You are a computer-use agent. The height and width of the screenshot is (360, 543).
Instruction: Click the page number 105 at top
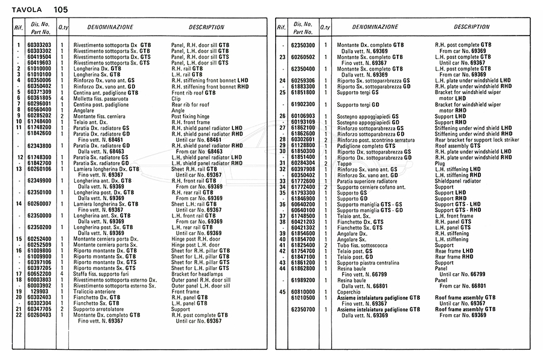(x=60, y=10)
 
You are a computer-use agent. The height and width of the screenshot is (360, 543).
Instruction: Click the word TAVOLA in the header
(x=24, y=10)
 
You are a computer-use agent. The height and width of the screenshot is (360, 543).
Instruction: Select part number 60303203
(x=39, y=45)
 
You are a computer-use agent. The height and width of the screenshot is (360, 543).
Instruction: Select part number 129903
(x=42, y=291)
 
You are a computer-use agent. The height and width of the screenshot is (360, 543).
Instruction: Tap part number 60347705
(x=39, y=309)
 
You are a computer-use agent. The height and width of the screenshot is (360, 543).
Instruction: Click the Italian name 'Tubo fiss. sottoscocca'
(x=366, y=245)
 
